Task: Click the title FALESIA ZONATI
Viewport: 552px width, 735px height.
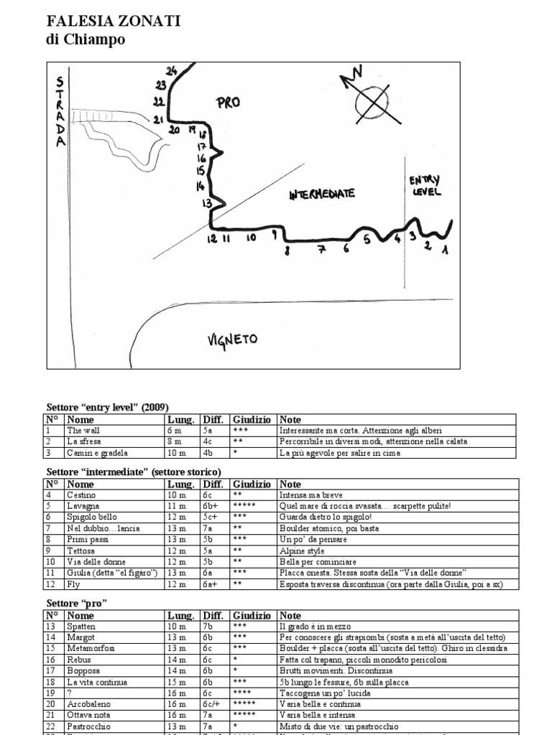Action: click(x=114, y=22)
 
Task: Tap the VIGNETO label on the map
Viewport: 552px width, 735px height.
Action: click(x=234, y=339)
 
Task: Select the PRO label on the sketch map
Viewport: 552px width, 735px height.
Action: click(x=227, y=103)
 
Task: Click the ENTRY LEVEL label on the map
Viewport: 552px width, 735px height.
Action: click(x=425, y=186)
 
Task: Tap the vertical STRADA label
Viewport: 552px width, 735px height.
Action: click(x=61, y=112)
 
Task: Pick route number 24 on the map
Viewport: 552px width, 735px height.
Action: click(x=171, y=70)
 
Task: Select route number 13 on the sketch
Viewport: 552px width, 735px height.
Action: click(x=207, y=204)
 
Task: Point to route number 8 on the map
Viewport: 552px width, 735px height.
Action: click(x=287, y=250)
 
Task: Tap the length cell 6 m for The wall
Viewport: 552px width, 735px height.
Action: click(x=174, y=431)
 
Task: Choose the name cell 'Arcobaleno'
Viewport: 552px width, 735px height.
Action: click(x=90, y=704)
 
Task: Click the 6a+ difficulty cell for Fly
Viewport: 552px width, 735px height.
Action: click(x=209, y=584)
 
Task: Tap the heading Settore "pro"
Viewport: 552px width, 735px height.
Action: click(x=77, y=603)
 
